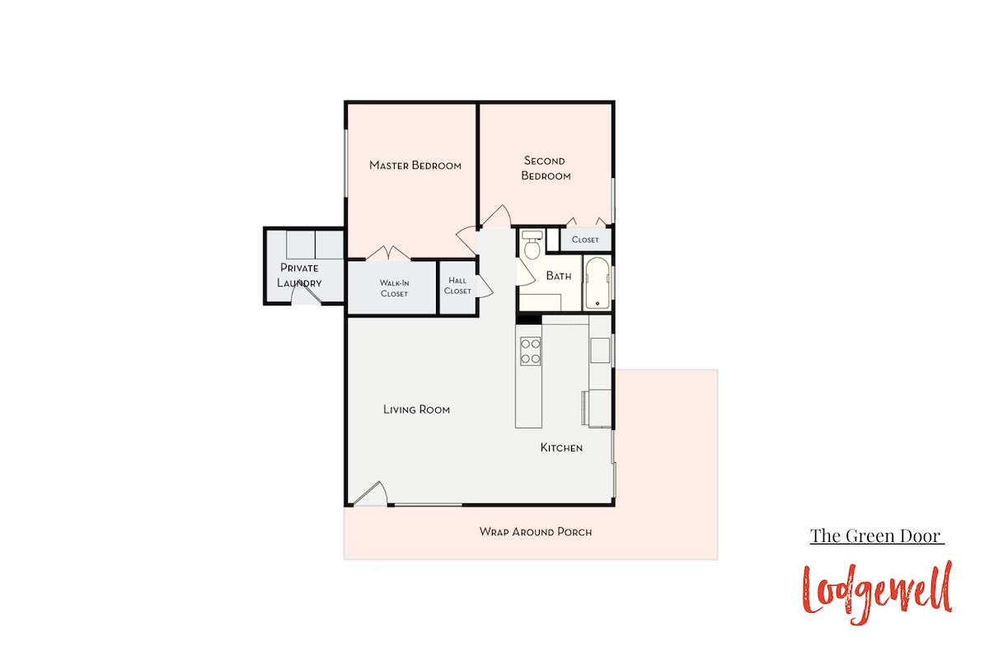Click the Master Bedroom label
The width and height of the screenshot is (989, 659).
pyautogui.click(x=415, y=166)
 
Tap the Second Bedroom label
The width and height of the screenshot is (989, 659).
pyautogui.click(x=546, y=168)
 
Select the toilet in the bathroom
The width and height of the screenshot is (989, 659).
pyautogui.click(x=532, y=245)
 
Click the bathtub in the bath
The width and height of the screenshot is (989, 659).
pyautogui.click(x=598, y=283)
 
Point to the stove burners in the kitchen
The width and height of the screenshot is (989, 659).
pyautogui.click(x=530, y=351)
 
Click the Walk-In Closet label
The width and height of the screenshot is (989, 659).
pyautogui.click(x=394, y=288)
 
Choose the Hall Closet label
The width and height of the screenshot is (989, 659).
pyautogui.click(x=457, y=286)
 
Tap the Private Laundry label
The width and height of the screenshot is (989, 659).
pyautogui.click(x=299, y=275)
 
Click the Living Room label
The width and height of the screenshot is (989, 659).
pyautogui.click(x=416, y=409)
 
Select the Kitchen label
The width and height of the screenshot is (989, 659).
pyautogui.click(x=561, y=447)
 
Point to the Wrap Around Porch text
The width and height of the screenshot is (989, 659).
pyautogui.click(x=536, y=532)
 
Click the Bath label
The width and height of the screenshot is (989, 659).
pyautogui.click(x=559, y=276)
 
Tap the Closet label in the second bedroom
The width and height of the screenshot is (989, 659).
pyautogui.click(x=585, y=240)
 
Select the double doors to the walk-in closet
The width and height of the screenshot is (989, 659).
pyautogui.click(x=388, y=253)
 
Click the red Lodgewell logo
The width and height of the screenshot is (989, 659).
pyautogui.click(x=877, y=593)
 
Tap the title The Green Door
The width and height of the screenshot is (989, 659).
pyautogui.click(x=876, y=536)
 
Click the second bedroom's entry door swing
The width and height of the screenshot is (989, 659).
pyautogui.click(x=496, y=217)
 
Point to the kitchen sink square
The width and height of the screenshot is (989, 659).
pyautogui.click(x=600, y=350)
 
